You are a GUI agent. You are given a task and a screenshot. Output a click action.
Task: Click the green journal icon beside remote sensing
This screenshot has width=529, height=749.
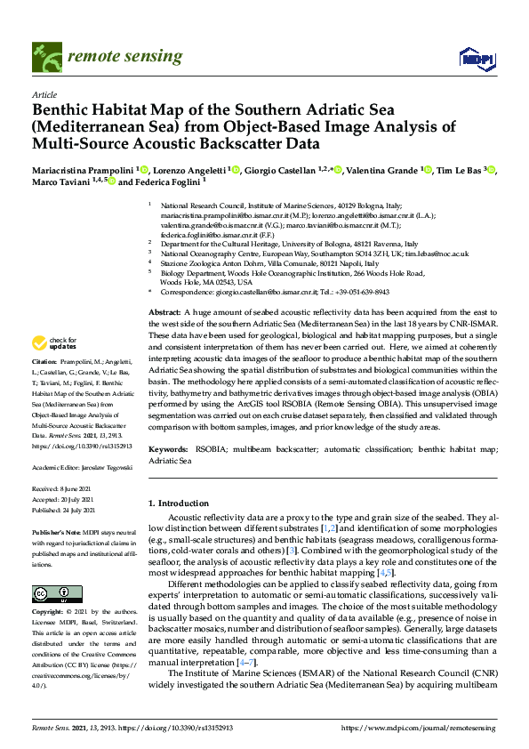[x=44, y=56]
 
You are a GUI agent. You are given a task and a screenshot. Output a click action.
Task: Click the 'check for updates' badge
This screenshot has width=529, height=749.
[x=52, y=342]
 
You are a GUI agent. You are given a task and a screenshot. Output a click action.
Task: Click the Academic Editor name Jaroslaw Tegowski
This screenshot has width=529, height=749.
[x=101, y=466]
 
